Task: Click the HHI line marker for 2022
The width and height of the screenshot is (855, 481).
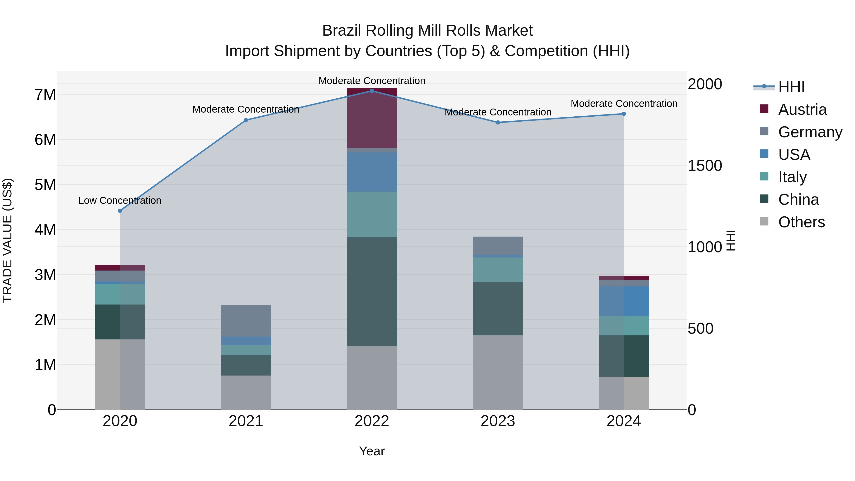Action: [372, 91]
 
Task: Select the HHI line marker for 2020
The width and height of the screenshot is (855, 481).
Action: [120, 211]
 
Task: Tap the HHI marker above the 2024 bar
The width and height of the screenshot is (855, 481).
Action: [624, 114]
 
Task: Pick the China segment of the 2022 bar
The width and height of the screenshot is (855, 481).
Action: [372, 291]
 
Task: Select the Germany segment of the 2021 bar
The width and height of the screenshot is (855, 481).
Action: [246, 321]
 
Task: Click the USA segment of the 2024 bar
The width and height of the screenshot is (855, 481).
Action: [624, 301]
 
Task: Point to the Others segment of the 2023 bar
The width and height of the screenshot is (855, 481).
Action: [498, 372]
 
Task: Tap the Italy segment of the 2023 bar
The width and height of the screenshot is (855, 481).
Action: [498, 270]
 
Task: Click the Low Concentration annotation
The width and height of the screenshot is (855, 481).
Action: [120, 200]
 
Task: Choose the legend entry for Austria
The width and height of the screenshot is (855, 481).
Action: [802, 110]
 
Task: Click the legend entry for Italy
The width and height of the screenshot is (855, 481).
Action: [792, 177]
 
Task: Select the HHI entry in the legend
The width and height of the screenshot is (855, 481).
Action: [791, 87]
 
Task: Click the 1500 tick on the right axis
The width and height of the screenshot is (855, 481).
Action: [705, 166]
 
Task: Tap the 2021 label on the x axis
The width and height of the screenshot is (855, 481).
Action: [246, 421]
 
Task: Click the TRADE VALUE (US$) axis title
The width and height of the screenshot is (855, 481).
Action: [8, 240]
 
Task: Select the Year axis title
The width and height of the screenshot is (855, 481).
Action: [372, 451]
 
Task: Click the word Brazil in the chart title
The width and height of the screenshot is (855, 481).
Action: [342, 31]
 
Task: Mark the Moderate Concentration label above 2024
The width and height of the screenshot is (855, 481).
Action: [624, 104]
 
